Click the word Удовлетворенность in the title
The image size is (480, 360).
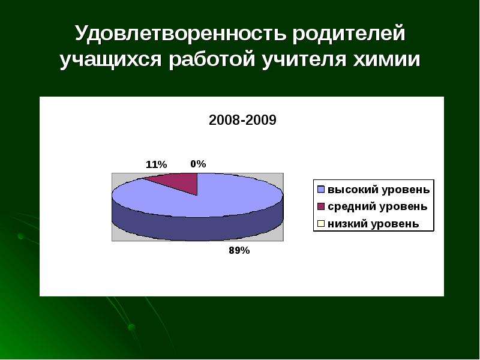pos(181,34)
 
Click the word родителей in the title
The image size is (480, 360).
pos(349,34)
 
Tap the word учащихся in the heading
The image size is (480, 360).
pos(110,60)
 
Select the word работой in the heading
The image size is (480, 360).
pos(212,59)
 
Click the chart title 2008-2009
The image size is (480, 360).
pos(242,121)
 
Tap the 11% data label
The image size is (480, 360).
pos(156,164)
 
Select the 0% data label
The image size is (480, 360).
pos(198,164)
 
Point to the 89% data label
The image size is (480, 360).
pos(239,251)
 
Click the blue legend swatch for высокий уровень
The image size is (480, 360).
pos(321,190)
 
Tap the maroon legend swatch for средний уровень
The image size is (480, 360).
pos(321,206)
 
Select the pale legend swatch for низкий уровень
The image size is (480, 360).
pos(321,224)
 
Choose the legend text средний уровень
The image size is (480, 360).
pos(377,207)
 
